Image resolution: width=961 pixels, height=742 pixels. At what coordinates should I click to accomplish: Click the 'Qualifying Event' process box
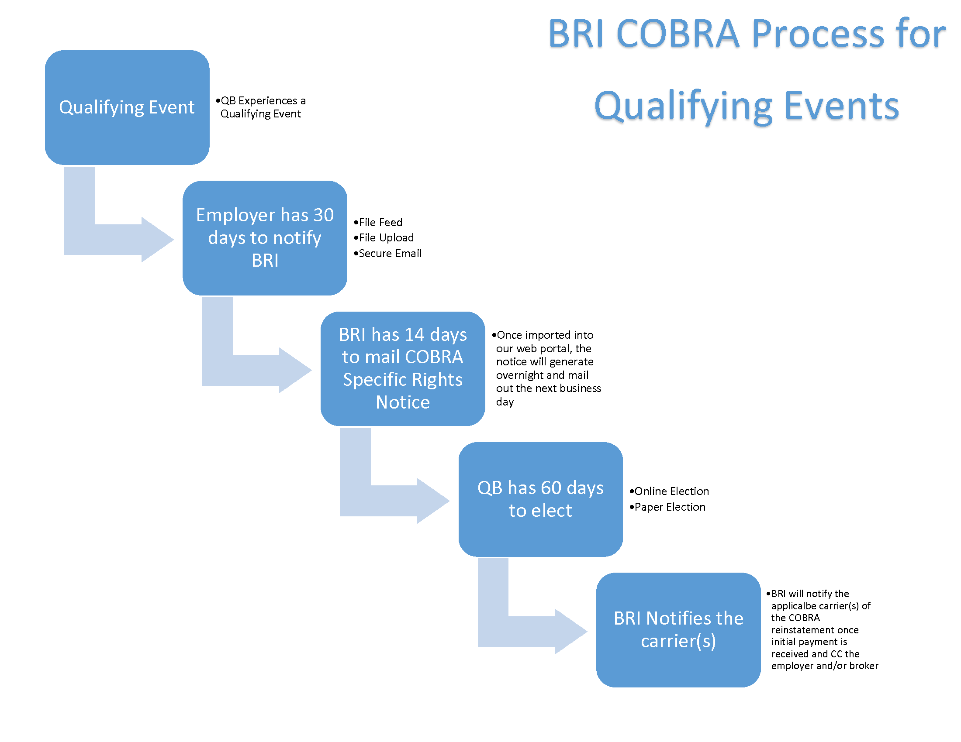(x=127, y=107)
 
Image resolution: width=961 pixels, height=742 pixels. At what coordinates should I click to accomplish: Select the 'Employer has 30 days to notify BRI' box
(x=264, y=238)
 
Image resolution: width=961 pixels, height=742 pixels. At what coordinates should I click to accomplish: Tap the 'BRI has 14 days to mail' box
(x=402, y=368)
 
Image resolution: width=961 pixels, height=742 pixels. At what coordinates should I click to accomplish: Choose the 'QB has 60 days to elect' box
(x=540, y=499)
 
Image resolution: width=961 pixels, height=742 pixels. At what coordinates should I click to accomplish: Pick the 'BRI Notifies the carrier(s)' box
(x=678, y=629)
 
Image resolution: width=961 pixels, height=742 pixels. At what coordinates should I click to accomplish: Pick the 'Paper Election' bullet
(x=669, y=507)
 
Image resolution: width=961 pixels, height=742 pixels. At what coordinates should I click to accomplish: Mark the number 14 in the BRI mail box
(x=414, y=335)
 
